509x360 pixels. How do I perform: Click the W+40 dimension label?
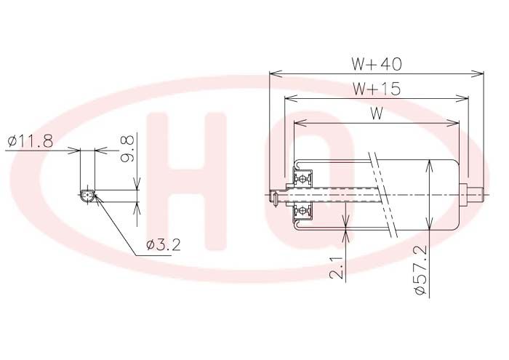(x=377, y=64)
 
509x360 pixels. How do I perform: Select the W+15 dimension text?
(x=377, y=89)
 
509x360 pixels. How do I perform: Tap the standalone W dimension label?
(x=377, y=113)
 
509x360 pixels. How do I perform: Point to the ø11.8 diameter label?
(x=31, y=141)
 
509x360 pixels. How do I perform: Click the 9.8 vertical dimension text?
(x=127, y=148)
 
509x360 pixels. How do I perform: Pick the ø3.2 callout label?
(x=164, y=245)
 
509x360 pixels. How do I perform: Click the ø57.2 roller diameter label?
(x=421, y=271)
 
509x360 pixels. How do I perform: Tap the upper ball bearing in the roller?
(x=302, y=178)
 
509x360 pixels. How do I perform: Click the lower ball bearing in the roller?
(x=302, y=211)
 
